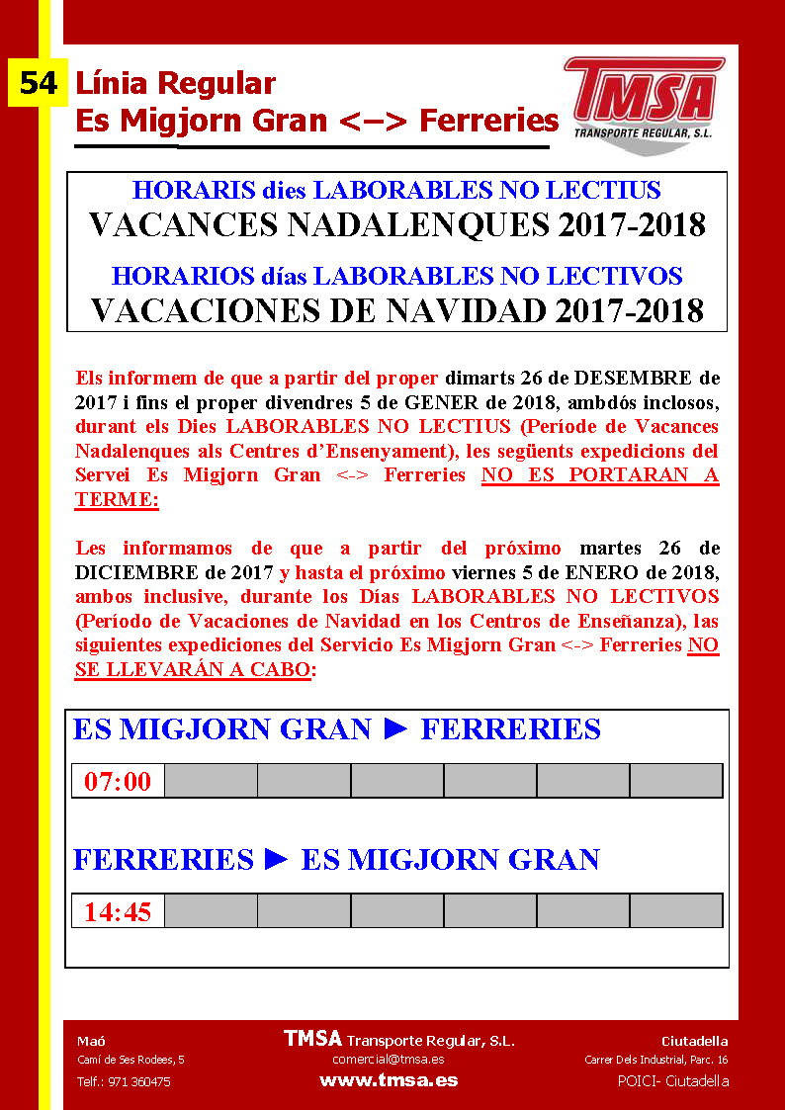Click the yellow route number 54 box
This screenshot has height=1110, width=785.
38,83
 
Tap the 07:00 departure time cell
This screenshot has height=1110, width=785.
118,781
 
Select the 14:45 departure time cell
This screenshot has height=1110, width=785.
118,910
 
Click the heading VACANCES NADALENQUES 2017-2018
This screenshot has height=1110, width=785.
397,225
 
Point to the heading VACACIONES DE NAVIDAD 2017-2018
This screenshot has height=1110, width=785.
397,310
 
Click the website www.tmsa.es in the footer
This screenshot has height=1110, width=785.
389,1080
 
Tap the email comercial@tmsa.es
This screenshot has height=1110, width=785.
389,1060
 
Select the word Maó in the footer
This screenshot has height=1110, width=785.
92,1041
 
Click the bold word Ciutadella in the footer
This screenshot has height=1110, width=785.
694,1041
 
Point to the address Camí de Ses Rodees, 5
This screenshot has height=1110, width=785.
131,1060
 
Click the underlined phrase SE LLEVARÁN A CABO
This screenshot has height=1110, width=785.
193,669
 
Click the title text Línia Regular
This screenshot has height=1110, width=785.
175,83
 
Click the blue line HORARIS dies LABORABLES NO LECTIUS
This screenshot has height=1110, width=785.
397,190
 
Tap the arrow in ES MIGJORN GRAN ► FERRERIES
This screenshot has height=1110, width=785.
395,729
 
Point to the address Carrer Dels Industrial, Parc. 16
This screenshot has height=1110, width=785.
655,1060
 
